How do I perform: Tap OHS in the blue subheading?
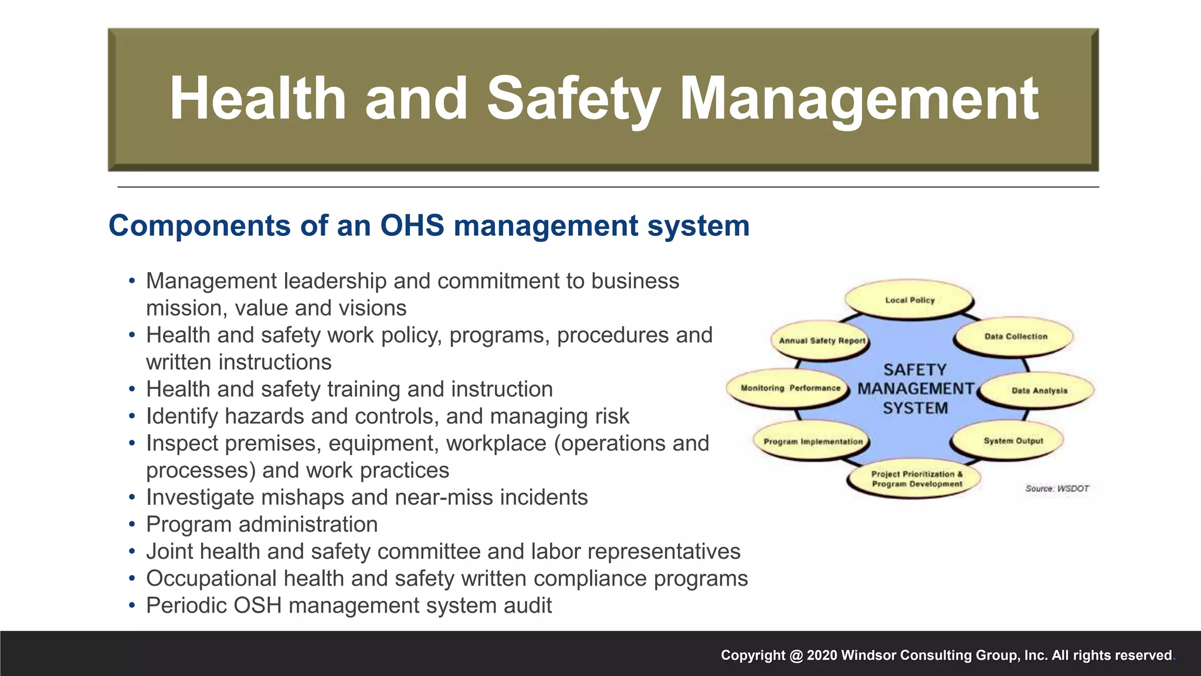click(412, 226)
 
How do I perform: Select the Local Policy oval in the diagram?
click(910, 300)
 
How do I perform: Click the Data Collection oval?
click(1015, 336)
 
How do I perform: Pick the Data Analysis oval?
click(1039, 390)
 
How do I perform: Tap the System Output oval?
click(1013, 441)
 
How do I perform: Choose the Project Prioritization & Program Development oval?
click(917, 479)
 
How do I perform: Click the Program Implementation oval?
click(813, 441)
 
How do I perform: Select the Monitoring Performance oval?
click(789, 388)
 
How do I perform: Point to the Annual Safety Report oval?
click(821, 340)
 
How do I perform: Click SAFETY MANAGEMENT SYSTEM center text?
click(915, 388)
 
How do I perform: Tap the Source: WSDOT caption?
click(1057, 488)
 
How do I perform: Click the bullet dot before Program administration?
click(133, 525)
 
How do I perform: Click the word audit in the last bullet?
click(530, 606)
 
